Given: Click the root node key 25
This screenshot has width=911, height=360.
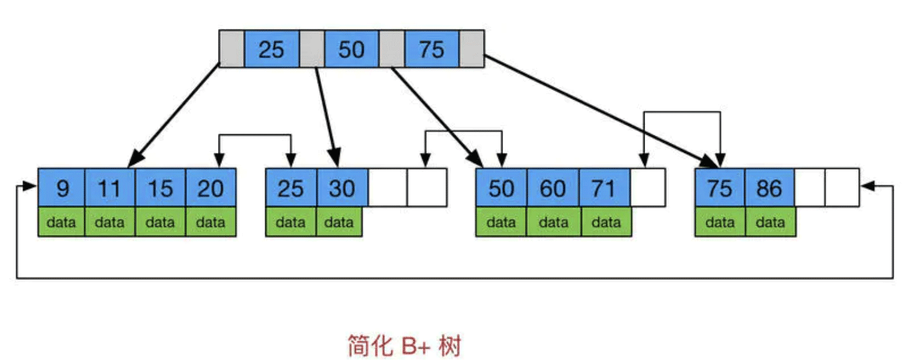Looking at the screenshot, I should [271, 49].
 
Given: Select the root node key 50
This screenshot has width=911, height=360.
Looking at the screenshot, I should [351, 49].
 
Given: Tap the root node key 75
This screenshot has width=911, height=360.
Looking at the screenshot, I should [432, 49].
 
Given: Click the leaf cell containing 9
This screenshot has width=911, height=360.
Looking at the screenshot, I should [61, 188].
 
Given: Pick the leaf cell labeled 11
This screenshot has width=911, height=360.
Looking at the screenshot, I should [110, 188].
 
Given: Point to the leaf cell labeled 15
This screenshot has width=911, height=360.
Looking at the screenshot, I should [160, 188].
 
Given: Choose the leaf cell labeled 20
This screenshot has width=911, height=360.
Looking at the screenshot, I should [211, 188].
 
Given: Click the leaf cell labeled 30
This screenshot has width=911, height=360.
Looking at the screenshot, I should [342, 188].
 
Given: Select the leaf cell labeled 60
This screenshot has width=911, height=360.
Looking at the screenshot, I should [553, 188].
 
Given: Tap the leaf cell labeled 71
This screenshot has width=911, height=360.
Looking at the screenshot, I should [605, 188].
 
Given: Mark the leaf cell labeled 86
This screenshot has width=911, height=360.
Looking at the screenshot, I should [770, 188].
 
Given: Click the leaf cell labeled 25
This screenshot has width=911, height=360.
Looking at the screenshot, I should [291, 188].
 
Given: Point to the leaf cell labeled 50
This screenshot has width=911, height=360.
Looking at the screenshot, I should [501, 188].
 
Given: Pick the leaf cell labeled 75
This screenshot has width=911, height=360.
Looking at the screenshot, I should [720, 188].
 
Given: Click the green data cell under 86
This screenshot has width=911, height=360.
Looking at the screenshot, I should [770, 222].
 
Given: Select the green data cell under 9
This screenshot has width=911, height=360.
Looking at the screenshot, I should [61, 222].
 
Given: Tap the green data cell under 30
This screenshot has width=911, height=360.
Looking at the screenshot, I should [339, 222].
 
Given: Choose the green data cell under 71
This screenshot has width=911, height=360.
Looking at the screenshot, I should [606, 222].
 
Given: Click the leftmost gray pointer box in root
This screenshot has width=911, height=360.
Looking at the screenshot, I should [231, 49].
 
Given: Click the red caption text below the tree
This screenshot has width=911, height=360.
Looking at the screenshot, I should [404, 345].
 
